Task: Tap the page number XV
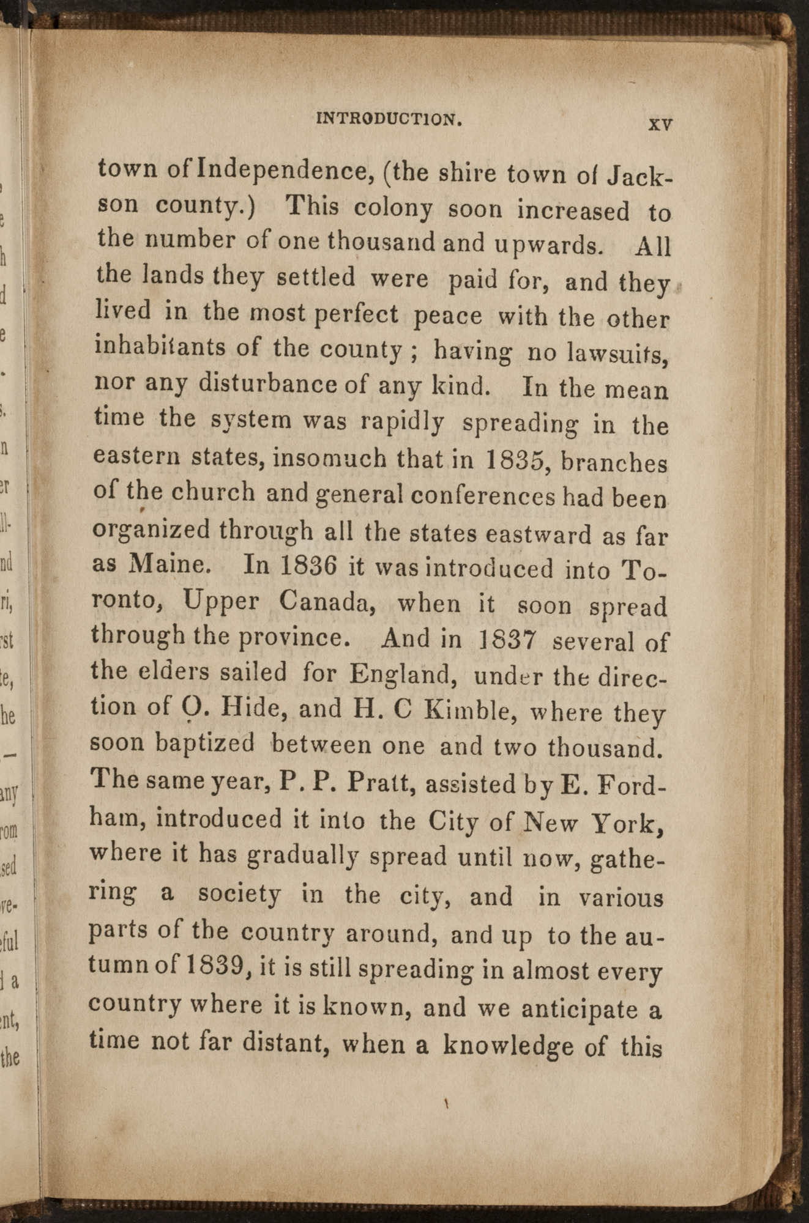tap(660, 124)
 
